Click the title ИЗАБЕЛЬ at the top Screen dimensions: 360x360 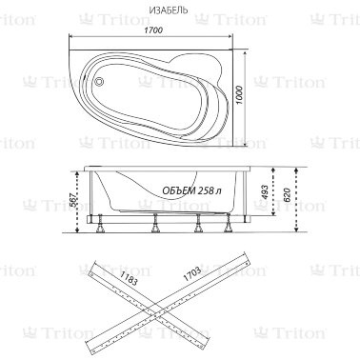pos(169,10)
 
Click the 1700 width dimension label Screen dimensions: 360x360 pos(153,30)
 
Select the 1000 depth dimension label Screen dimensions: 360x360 pos(240,95)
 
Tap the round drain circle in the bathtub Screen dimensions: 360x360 pos(100,81)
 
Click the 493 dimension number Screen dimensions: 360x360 pos(266,192)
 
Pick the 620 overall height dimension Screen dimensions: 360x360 pos(288,195)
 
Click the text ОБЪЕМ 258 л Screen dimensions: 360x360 pos(191,190)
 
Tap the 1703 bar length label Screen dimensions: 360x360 pos(191,273)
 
